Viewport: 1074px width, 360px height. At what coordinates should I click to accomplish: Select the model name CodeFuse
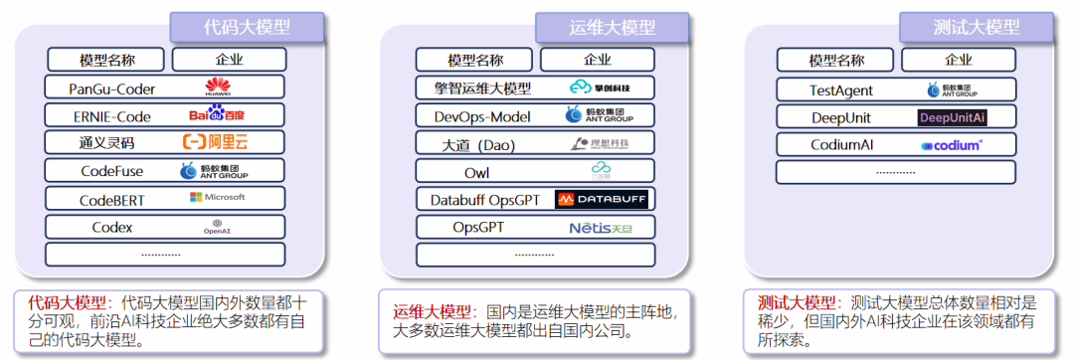[x=111, y=171]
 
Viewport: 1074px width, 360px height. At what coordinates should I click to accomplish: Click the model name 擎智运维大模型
[x=475, y=89]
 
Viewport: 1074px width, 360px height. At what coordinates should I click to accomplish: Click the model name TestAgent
[x=841, y=90]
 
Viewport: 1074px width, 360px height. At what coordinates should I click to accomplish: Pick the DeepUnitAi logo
[x=952, y=117]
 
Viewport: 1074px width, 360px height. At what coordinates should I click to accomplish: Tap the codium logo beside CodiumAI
[x=952, y=145]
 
